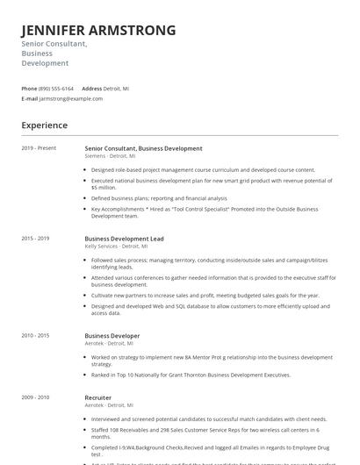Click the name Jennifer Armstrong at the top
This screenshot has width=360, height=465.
click(x=98, y=31)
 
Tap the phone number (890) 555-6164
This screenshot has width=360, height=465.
click(x=57, y=89)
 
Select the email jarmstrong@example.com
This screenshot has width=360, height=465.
click(x=71, y=98)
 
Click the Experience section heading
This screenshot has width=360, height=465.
click(x=45, y=125)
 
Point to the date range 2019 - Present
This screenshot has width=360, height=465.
click(x=39, y=148)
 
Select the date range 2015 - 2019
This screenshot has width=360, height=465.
click(x=36, y=239)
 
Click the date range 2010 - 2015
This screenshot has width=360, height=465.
click(x=36, y=335)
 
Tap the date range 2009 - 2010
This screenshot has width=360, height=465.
click(x=36, y=397)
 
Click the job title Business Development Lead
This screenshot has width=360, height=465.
click(x=124, y=239)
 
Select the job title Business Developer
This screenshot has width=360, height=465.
click(x=112, y=335)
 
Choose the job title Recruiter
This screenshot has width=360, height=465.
click(x=97, y=397)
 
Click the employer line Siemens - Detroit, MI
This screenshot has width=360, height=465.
click(x=111, y=155)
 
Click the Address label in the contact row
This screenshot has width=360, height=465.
click(x=92, y=89)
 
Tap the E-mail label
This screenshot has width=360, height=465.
click(x=30, y=98)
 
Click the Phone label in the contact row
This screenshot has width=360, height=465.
click(x=29, y=89)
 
